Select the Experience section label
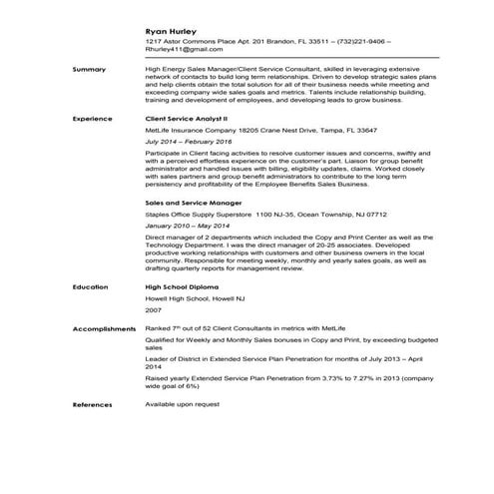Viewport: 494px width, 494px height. click(93, 118)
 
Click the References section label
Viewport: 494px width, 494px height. click(93, 404)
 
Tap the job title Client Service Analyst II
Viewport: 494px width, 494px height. click(187, 118)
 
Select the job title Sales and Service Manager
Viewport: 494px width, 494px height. click(193, 201)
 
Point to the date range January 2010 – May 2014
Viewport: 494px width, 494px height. click(192, 226)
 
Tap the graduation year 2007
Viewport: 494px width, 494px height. click(154, 310)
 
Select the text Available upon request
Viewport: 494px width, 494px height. click(182, 404)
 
